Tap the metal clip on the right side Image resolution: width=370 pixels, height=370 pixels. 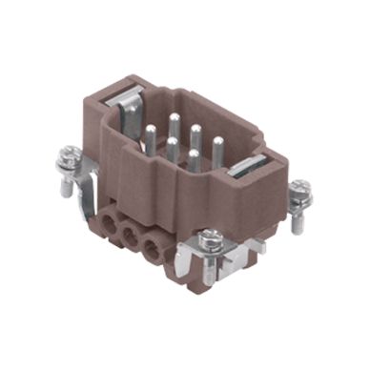(x=249, y=172)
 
